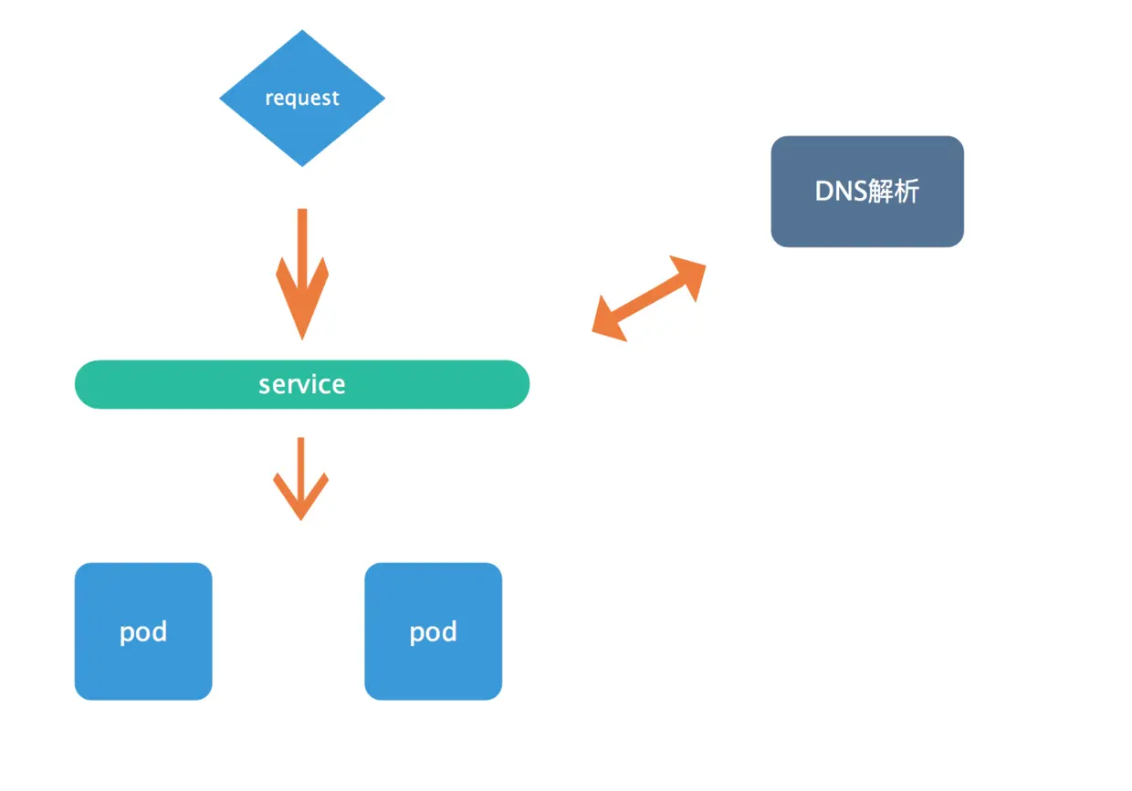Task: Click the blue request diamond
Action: pyautogui.click(x=302, y=98)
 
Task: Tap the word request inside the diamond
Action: pyautogui.click(x=302, y=98)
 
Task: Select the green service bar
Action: pyautogui.click(x=302, y=384)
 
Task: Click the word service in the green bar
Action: pyautogui.click(x=302, y=385)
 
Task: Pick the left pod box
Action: pyautogui.click(x=143, y=631)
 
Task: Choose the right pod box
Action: pyautogui.click(x=434, y=631)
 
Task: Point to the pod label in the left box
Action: pyautogui.click(x=143, y=632)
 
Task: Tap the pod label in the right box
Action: pyautogui.click(x=434, y=632)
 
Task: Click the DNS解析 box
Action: pyautogui.click(x=867, y=192)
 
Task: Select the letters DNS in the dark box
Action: pyautogui.click(x=841, y=192)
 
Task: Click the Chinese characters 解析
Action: pyautogui.click(x=894, y=192)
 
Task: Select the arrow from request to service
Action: pyautogui.click(x=302, y=275)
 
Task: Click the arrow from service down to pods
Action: pyautogui.click(x=301, y=479)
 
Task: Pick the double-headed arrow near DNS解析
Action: pyautogui.click(x=649, y=298)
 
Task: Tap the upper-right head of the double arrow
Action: pyautogui.click(x=690, y=276)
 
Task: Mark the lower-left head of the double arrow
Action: pyautogui.click(x=608, y=321)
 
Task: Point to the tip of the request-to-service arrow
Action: pyautogui.click(x=302, y=339)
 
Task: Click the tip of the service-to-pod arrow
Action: pyautogui.click(x=301, y=520)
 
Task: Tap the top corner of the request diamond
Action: pyautogui.click(x=302, y=30)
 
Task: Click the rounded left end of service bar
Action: pyautogui.click(x=77, y=384)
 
